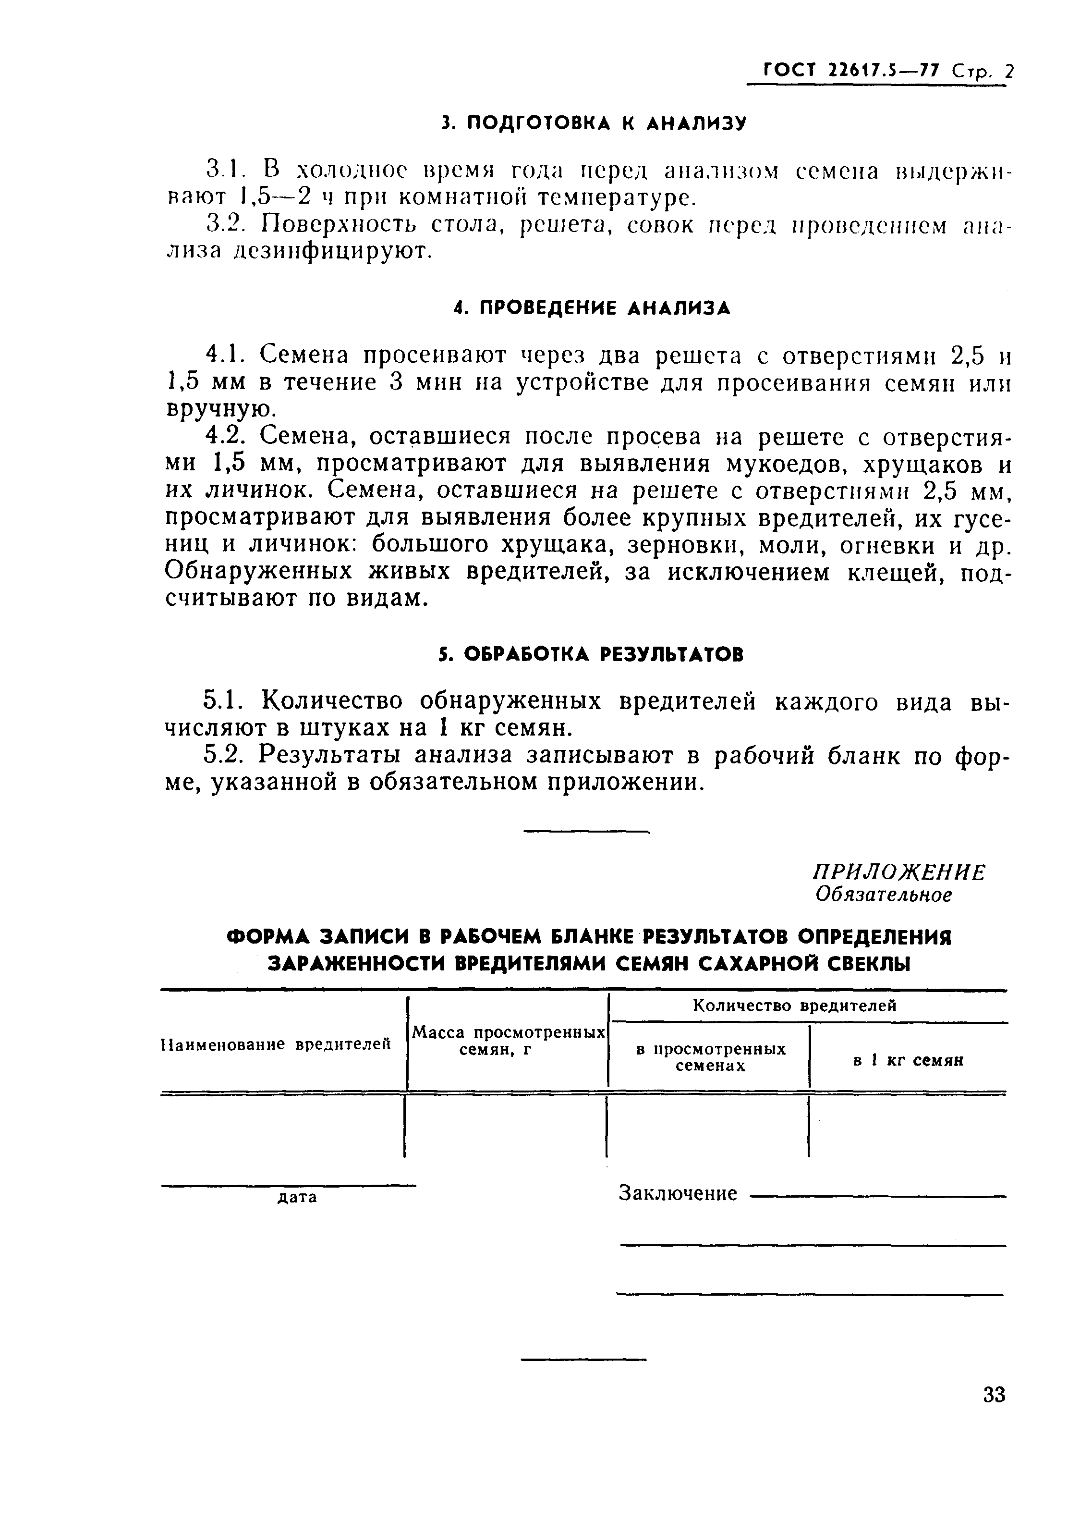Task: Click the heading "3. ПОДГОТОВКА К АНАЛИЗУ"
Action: tap(594, 123)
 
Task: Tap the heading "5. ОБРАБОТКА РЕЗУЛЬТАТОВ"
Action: tap(591, 654)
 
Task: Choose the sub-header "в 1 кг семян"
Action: tap(907, 1061)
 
